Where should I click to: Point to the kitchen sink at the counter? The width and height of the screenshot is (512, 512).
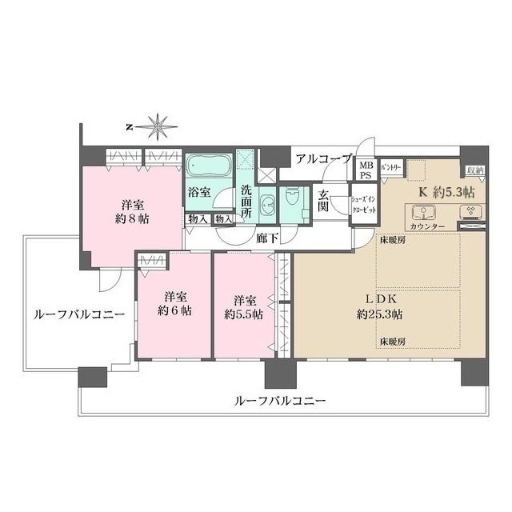point(422,213)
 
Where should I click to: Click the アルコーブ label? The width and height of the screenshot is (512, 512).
point(322,158)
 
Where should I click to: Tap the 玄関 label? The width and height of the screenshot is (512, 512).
point(324,200)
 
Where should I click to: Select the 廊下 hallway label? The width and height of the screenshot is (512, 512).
point(266,237)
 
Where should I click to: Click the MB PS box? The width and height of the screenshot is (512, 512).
point(366,170)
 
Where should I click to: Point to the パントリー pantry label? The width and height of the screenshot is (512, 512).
point(391,166)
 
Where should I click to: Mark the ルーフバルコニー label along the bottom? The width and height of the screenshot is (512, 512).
point(279,400)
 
